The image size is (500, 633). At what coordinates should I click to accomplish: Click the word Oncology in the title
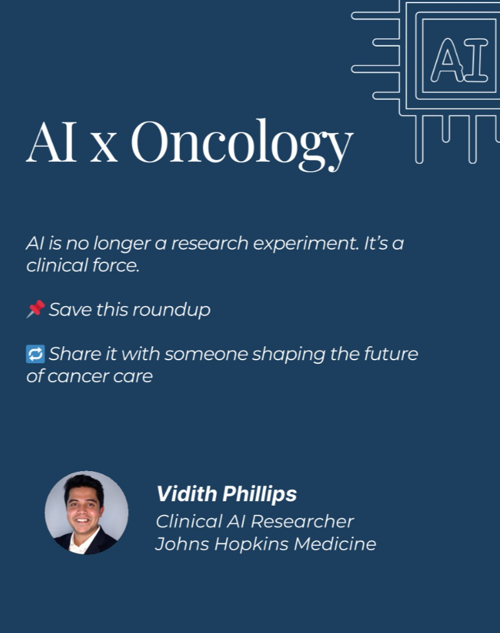pyautogui.click(x=242, y=144)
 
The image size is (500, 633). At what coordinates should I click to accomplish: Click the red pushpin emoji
pyautogui.click(x=36, y=309)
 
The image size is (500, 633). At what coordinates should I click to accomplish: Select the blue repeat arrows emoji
pyautogui.click(x=36, y=354)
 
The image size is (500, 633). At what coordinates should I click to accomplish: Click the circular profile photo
pyautogui.click(x=87, y=513)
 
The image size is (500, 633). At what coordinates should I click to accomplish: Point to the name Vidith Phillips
pyautogui.click(x=226, y=494)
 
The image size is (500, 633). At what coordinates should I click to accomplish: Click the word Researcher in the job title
pyautogui.click(x=302, y=521)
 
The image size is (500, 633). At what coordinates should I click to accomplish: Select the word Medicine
pyautogui.click(x=335, y=544)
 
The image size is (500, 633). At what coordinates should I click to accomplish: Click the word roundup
pyautogui.click(x=171, y=310)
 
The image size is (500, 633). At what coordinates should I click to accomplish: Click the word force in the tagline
pyautogui.click(x=116, y=265)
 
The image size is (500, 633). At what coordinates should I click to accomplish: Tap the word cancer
pyautogui.click(x=78, y=376)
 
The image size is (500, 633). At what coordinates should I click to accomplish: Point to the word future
pyautogui.click(x=391, y=354)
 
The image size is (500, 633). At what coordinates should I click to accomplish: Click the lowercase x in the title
pyautogui.click(x=104, y=149)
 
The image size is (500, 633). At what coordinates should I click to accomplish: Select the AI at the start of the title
pyautogui.click(x=51, y=142)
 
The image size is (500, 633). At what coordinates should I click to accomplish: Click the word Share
pyautogui.click(x=75, y=354)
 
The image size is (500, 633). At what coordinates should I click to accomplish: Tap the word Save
pyautogui.click(x=70, y=310)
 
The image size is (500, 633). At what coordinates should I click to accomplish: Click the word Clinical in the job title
pyautogui.click(x=188, y=521)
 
